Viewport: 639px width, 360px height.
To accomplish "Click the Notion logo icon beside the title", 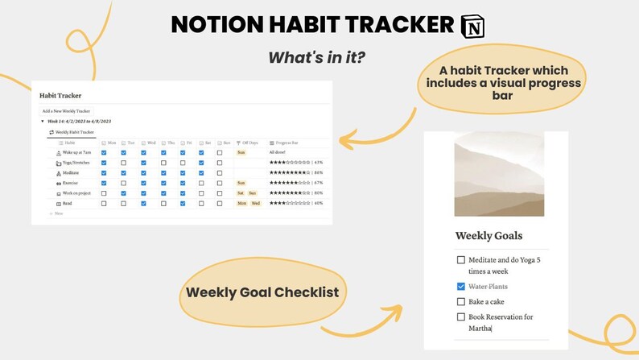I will point(472,25).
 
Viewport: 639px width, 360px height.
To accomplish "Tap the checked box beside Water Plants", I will point(460,286).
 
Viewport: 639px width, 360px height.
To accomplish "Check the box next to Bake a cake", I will point(460,302).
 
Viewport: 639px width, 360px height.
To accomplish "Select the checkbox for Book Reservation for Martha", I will point(460,317).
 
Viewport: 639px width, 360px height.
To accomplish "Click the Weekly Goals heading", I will point(489,236).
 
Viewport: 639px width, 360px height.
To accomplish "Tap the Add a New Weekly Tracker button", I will point(67,110).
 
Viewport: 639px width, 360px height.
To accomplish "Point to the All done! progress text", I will point(278,152).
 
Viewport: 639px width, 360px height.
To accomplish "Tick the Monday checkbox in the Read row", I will point(104,204).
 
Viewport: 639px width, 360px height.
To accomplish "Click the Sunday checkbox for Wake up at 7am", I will point(219,152).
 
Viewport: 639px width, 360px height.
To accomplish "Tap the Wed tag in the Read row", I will point(255,204).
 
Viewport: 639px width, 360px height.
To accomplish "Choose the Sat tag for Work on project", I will point(240,193).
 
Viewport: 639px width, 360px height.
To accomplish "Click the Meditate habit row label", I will point(70,173).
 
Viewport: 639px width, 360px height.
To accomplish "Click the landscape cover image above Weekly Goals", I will point(499,174).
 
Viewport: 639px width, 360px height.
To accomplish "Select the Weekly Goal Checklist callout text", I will point(262,292).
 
